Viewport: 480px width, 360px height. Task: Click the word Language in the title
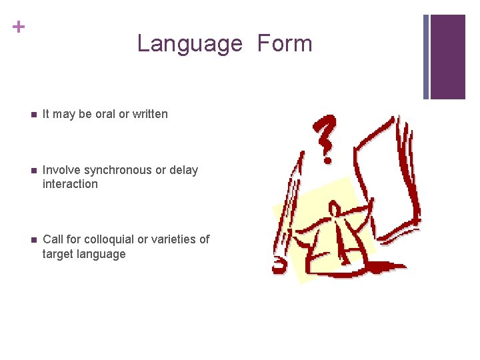(189, 44)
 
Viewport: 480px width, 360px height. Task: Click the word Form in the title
(285, 43)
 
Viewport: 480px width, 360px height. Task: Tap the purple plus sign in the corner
(18, 27)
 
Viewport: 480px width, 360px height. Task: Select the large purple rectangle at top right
(447, 57)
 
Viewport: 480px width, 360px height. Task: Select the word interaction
(70, 184)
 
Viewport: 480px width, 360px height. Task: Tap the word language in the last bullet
(103, 254)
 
